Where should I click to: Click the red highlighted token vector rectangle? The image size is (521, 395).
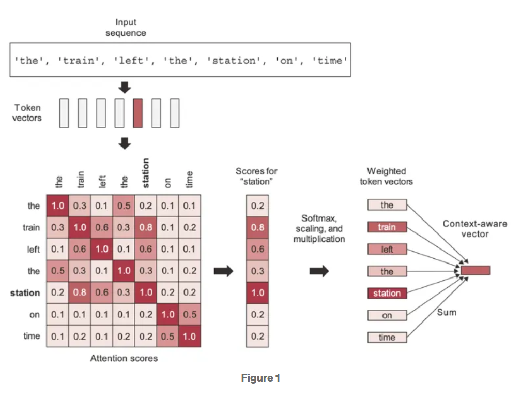(x=137, y=113)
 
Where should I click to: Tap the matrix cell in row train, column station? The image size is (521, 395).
(x=146, y=227)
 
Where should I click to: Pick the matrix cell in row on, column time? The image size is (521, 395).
(x=190, y=314)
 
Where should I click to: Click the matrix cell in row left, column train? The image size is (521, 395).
(x=80, y=249)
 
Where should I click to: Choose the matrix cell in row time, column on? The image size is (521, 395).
(x=168, y=336)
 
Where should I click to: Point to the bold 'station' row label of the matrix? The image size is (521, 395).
(x=25, y=293)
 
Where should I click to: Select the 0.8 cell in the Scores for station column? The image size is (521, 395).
(x=257, y=227)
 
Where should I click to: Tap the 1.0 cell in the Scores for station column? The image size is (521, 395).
(x=257, y=292)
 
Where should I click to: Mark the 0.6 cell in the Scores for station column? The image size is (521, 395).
(x=257, y=249)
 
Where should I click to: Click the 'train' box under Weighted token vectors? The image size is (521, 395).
(x=387, y=227)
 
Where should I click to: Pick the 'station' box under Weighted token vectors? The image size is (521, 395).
(x=387, y=293)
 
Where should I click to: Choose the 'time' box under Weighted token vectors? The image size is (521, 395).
(x=387, y=338)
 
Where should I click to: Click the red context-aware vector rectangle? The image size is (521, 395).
(x=476, y=270)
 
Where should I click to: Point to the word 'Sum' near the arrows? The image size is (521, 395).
(x=447, y=313)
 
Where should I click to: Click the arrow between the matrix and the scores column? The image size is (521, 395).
(x=224, y=271)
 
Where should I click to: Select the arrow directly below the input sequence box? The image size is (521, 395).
(x=125, y=89)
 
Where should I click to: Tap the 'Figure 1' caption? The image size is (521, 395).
(x=260, y=378)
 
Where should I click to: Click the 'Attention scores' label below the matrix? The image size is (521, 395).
(x=124, y=358)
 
